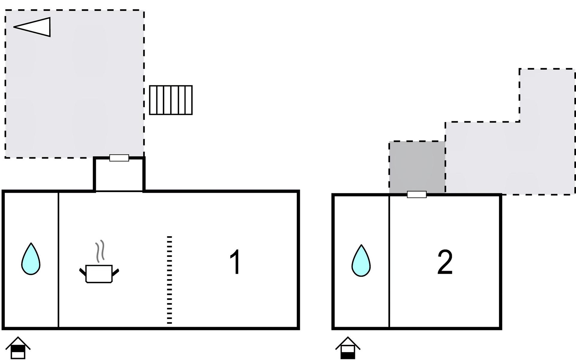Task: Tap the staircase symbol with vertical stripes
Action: click(x=171, y=100)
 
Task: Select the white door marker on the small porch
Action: click(x=119, y=158)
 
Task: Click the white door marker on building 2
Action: click(x=417, y=194)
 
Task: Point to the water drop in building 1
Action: click(x=31, y=259)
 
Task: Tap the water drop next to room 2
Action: click(x=361, y=261)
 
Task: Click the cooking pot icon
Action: click(x=99, y=273)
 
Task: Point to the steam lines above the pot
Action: click(x=100, y=251)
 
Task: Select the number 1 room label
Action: click(x=235, y=262)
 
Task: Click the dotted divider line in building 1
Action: click(x=169, y=280)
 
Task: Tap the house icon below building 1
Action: click(x=18, y=348)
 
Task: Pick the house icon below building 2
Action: click(x=348, y=348)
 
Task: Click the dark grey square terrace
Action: click(x=417, y=166)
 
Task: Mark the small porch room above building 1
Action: click(x=119, y=175)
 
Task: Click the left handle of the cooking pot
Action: click(x=82, y=272)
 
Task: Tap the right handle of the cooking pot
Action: click(x=115, y=272)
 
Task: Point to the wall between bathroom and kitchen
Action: click(x=58, y=259)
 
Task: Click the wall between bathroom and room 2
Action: click(x=389, y=261)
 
